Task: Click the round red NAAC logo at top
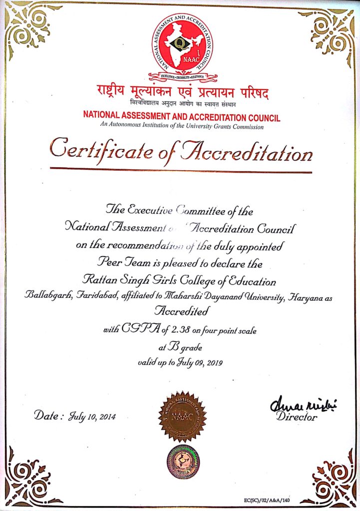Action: tap(182, 43)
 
